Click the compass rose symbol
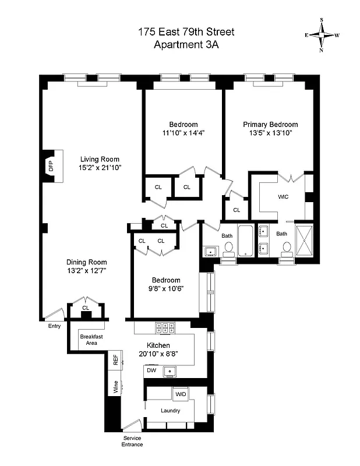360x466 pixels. click(x=322, y=35)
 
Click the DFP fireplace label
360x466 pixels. click(x=50, y=167)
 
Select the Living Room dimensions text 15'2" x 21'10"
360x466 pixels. click(x=100, y=168)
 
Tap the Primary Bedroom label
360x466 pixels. click(x=270, y=125)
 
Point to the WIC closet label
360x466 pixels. click(x=283, y=196)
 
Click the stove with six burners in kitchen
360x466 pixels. click(x=165, y=327)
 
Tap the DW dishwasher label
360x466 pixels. click(x=151, y=370)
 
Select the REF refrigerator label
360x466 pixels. click(x=115, y=359)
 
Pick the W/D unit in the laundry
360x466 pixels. click(x=180, y=395)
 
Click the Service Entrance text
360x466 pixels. click(x=132, y=441)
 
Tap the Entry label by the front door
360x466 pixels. click(x=54, y=326)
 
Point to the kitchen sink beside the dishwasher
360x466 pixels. click(x=171, y=370)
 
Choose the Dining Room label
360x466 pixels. click(x=86, y=262)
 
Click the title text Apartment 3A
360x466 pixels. click(x=186, y=45)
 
